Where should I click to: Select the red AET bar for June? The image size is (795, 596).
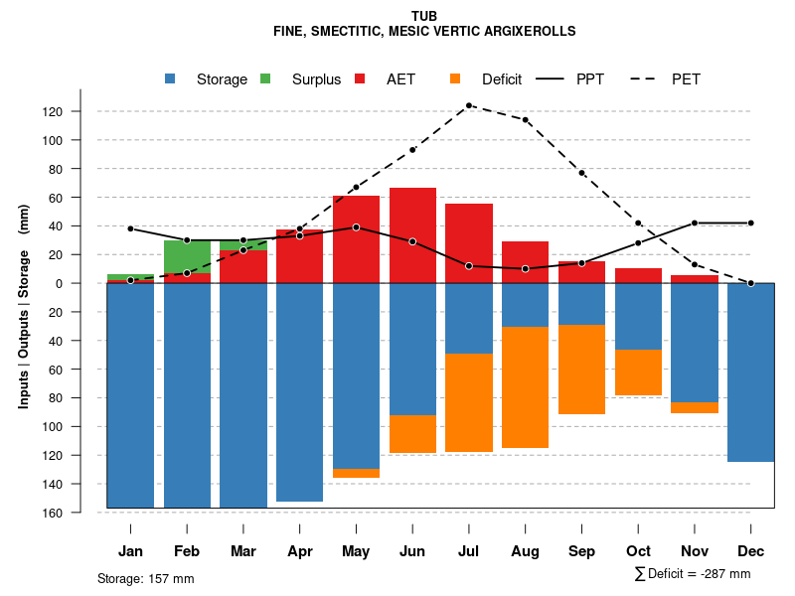pyautogui.click(x=412, y=234)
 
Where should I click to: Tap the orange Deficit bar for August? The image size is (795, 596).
pyautogui.click(x=526, y=387)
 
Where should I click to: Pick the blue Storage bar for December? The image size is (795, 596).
pyautogui.click(x=750, y=372)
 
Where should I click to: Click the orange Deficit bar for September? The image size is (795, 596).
pyautogui.click(x=581, y=370)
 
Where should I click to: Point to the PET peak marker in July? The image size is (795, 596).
pyautogui.click(x=469, y=104)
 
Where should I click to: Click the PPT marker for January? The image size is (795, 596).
pyautogui.click(x=130, y=228)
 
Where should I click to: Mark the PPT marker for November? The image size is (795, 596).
pyautogui.click(x=695, y=223)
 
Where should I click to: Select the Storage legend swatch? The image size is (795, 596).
pyautogui.click(x=171, y=78)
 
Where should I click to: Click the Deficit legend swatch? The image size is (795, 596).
pyautogui.click(x=455, y=78)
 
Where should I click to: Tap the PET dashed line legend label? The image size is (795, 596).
pyautogui.click(x=686, y=79)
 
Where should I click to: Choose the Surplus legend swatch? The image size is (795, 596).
pyautogui.click(x=265, y=78)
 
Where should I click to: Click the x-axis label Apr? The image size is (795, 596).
pyautogui.click(x=299, y=551)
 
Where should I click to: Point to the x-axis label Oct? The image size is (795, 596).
pyautogui.click(x=638, y=551)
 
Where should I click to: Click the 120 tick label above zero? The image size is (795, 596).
pyautogui.click(x=80, y=111)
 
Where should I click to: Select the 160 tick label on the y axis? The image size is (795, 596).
pyautogui.click(x=80, y=513)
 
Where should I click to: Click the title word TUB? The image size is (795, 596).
pyautogui.click(x=424, y=16)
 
